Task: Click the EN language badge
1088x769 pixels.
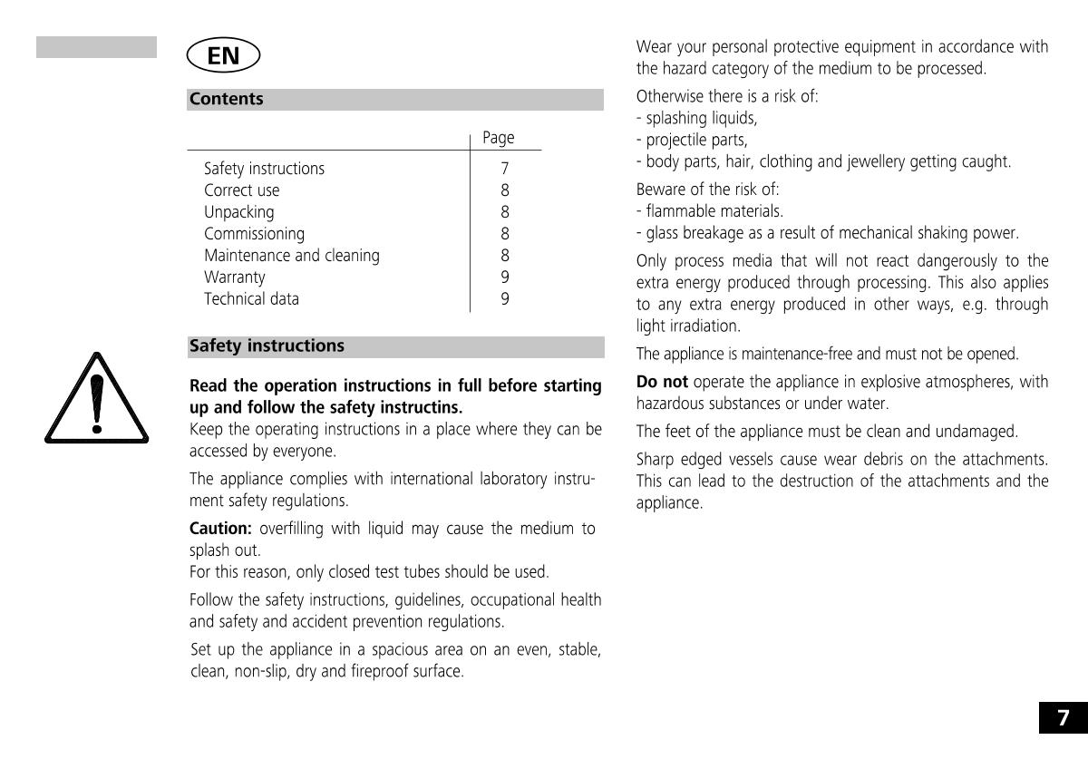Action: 223,56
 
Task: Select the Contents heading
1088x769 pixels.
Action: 227,100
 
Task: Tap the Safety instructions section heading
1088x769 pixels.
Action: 267,346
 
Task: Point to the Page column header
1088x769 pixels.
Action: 498,138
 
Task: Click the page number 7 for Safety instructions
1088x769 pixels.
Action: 505,169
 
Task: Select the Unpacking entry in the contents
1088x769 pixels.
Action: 238,212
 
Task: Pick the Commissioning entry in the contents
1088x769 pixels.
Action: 254,234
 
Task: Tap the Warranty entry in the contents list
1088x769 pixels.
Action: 235,277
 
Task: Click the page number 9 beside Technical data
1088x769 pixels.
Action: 505,299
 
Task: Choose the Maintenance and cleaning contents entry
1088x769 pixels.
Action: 292,256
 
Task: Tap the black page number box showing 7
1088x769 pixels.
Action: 1064,718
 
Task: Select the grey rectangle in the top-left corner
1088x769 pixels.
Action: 96,47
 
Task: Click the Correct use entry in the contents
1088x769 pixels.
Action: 242,190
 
